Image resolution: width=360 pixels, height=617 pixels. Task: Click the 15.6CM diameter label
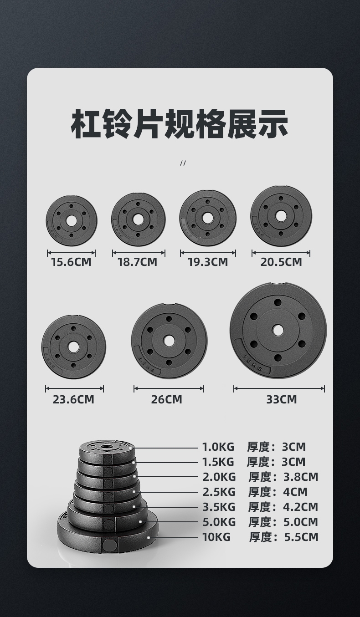tap(71, 262)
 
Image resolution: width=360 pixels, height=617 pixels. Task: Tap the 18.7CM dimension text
tap(138, 262)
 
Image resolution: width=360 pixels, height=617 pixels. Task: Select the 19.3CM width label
tap(208, 262)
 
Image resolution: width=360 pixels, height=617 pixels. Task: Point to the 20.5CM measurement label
tap(281, 262)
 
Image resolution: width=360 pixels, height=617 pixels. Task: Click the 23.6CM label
tap(73, 399)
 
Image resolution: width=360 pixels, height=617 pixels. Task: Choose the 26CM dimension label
tap(166, 399)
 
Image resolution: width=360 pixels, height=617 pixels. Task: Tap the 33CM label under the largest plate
tap(282, 399)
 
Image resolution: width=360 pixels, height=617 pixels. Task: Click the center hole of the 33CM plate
tap(278, 330)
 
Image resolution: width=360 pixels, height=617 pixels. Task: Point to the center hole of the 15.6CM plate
tap(72, 221)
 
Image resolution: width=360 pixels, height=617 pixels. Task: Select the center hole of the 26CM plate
tap(169, 341)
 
